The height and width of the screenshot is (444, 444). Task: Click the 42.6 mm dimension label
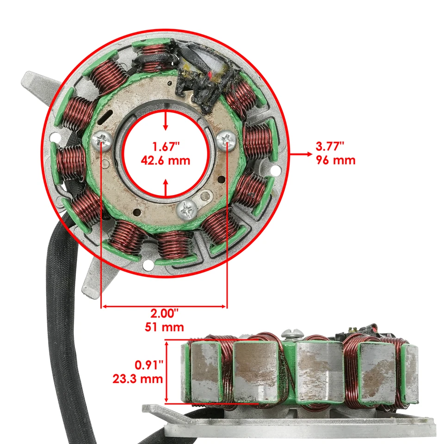pos(166,161)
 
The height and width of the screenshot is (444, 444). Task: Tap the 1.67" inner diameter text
pos(166,148)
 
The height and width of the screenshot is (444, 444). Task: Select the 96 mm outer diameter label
pos(336,160)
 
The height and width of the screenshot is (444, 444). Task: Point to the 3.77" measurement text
pos(330,147)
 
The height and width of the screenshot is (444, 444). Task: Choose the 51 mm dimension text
pos(165,327)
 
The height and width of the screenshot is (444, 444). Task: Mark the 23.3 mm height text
pos(138,379)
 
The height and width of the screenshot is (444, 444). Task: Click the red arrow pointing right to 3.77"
pos(301,154)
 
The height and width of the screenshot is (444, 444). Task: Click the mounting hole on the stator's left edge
pos(55,137)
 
